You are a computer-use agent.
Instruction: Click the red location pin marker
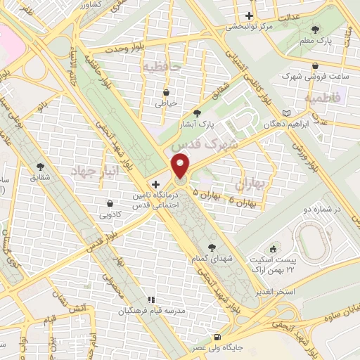click(181, 167)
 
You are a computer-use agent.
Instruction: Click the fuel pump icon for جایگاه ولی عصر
click(217, 337)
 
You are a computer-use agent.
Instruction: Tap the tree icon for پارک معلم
click(315, 30)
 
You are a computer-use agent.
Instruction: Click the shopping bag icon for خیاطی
click(166, 91)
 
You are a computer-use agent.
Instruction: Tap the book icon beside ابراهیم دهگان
click(285, 112)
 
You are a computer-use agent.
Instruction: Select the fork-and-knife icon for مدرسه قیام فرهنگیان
click(150, 300)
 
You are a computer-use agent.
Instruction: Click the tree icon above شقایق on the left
click(38, 167)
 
